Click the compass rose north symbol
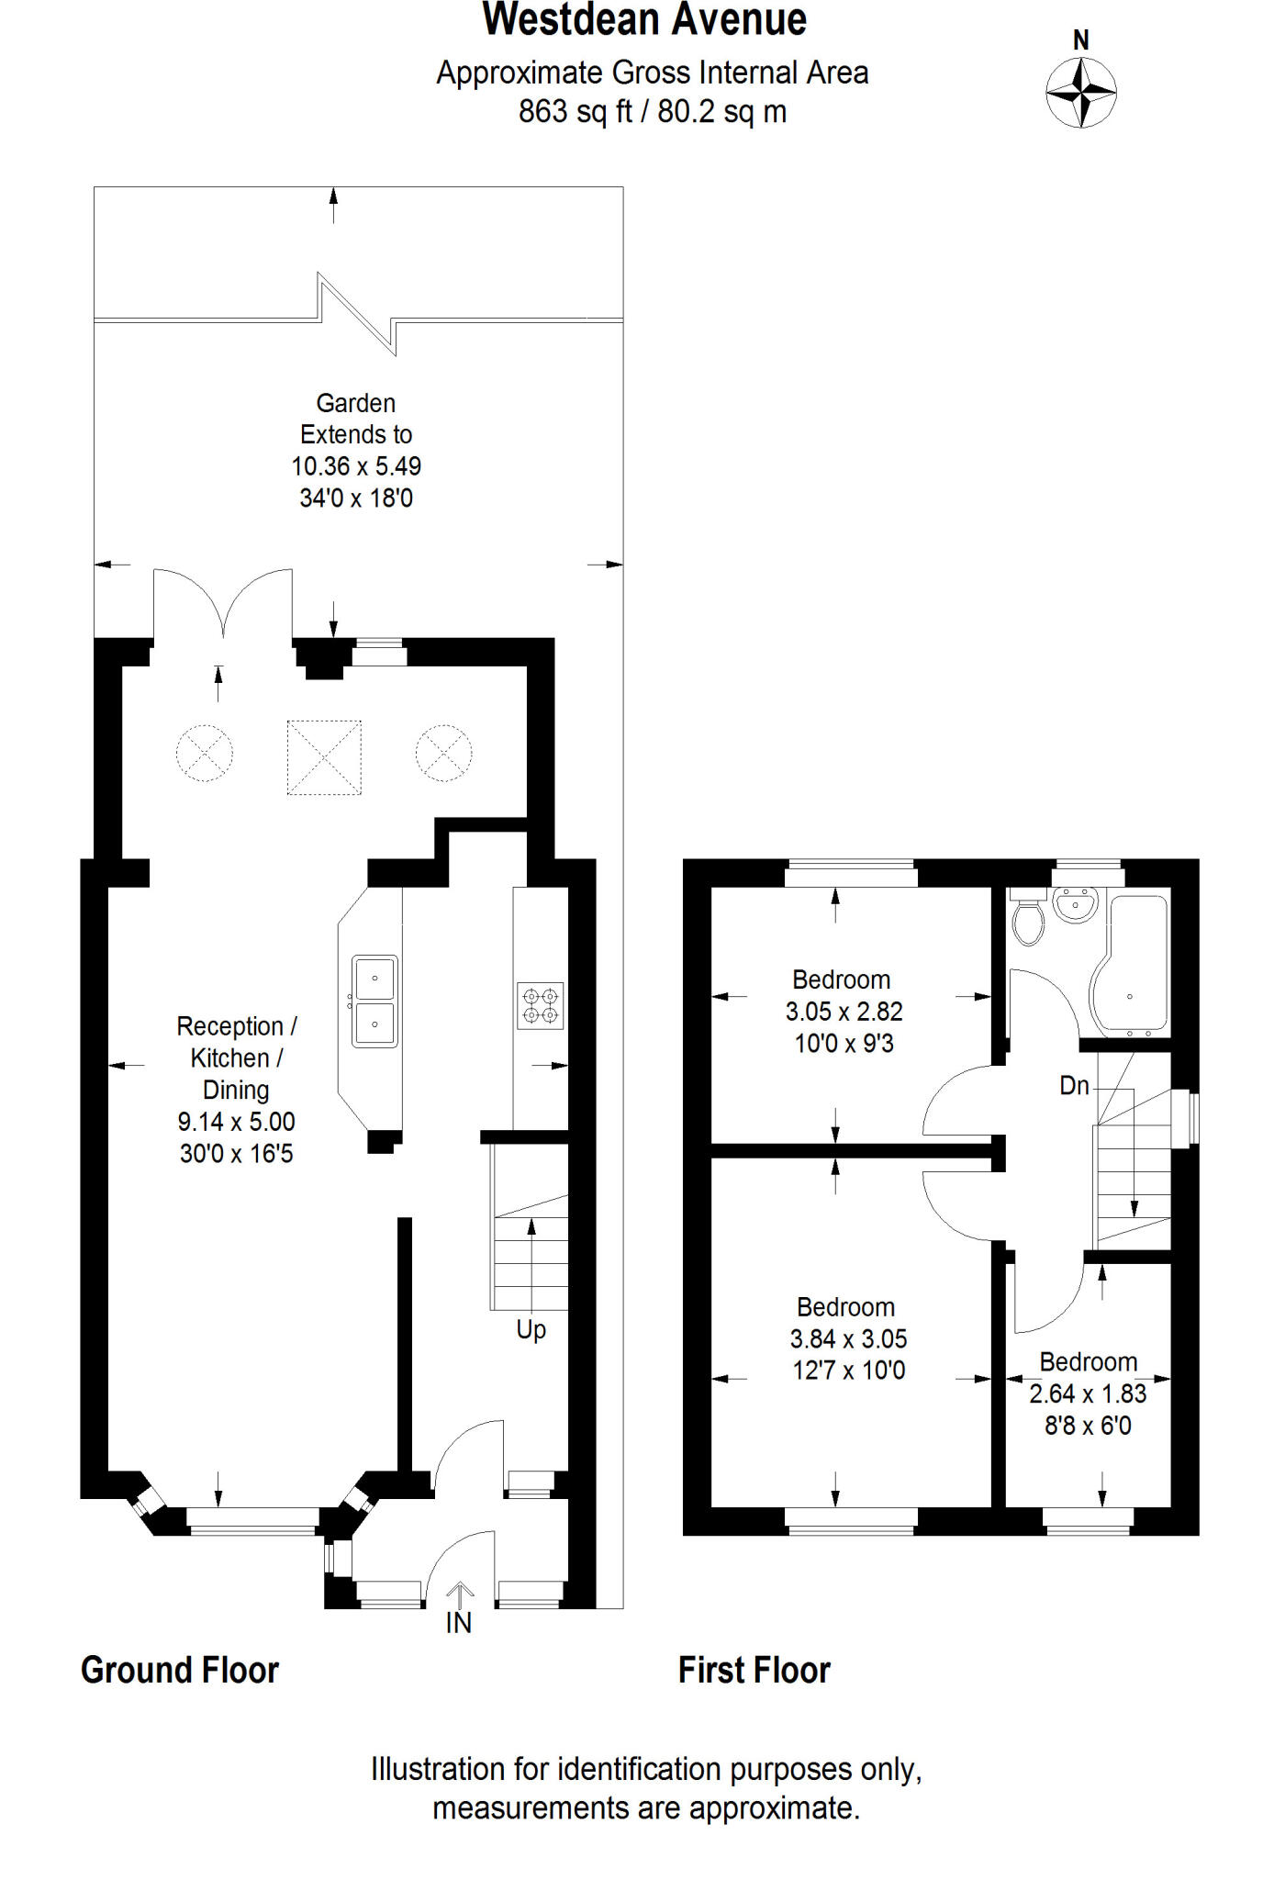tap(1080, 91)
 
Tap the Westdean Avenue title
tap(644, 20)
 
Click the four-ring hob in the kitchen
tap(540, 1005)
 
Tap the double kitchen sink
tap(374, 1001)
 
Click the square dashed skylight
tap(324, 757)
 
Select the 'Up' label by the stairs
tap(531, 1330)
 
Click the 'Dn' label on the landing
tap(1074, 1086)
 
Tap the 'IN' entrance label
tap(458, 1624)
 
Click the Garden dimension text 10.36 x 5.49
tap(356, 466)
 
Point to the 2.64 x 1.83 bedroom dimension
tap(1088, 1394)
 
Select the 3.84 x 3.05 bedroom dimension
tap(848, 1339)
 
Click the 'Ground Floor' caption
tap(180, 1670)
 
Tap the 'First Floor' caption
tap(754, 1670)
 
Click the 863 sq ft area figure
tap(576, 112)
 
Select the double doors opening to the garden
tap(223, 602)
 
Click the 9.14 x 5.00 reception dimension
tap(236, 1122)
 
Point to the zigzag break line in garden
tap(357, 314)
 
